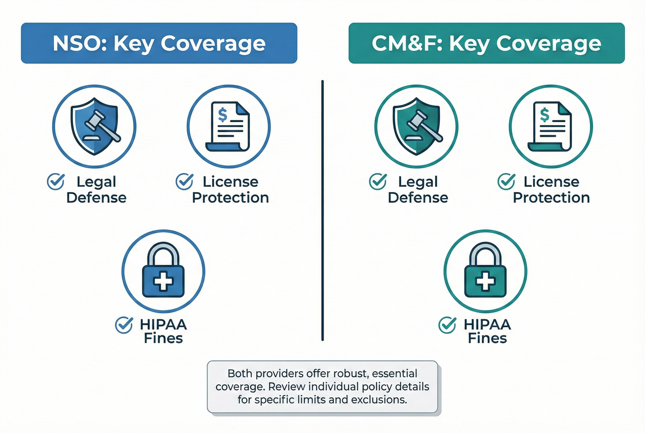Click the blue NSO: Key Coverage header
[x=159, y=43]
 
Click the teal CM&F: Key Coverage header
[x=486, y=43]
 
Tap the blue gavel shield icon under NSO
[x=94, y=126]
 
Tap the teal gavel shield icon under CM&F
[x=416, y=126]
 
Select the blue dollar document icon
[x=228, y=126]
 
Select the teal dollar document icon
[x=550, y=126]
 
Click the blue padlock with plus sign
[x=163, y=271]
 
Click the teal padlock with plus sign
[x=485, y=271]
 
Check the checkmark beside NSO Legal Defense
[x=56, y=182]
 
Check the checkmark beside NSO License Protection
[x=184, y=182]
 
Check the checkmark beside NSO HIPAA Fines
[x=124, y=325]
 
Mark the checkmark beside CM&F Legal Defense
[x=378, y=182]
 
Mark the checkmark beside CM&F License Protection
[x=506, y=182]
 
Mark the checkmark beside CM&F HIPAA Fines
[x=447, y=325]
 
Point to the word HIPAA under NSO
[x=163, y=324]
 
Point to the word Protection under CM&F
[x=551, y=198]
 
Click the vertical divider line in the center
[x=322, y=210]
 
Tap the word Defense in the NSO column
[x=96, y=198]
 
